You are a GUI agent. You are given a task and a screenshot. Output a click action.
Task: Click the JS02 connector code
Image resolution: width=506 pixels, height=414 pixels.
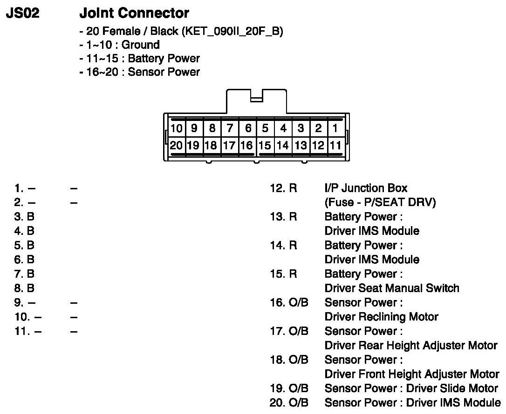click(22, 13)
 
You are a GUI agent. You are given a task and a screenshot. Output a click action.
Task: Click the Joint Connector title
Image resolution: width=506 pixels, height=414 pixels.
click(135, 13)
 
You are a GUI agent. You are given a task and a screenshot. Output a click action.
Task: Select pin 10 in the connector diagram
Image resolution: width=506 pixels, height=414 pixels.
click(176, 128)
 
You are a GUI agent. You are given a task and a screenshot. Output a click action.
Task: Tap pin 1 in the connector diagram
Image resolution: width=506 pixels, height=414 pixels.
click(335, 128)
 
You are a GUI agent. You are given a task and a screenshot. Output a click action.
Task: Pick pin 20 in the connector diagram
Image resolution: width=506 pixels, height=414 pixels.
click(176, 145)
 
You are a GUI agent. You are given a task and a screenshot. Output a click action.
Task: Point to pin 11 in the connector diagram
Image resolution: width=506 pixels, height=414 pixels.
click(335, 145)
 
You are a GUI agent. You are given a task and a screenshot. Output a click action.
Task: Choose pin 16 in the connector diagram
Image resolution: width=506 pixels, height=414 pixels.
click(247, 145)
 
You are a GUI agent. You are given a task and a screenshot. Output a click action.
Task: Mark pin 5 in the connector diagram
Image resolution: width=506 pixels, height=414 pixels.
click(265, 128)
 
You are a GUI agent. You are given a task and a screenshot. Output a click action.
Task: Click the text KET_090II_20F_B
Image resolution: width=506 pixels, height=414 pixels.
click(233, 32)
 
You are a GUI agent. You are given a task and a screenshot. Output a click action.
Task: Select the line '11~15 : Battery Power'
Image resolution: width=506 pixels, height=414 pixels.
click(140, 59)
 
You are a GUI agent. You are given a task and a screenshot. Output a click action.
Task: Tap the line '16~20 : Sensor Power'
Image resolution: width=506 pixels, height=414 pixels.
click(140, 72)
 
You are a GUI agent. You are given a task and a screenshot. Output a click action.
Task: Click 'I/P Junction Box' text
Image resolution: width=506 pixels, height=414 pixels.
click(366, 188)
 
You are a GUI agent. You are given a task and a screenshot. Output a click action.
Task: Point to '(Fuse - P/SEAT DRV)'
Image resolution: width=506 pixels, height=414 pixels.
click(380, 203)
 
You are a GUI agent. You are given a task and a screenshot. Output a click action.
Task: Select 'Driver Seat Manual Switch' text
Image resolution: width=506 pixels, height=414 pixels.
click(392, 288)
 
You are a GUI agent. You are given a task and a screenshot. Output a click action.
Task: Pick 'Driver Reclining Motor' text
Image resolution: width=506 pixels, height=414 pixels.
click(381, 317)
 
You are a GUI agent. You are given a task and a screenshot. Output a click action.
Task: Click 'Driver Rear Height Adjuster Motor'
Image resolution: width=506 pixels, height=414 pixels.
click(411, 346)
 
